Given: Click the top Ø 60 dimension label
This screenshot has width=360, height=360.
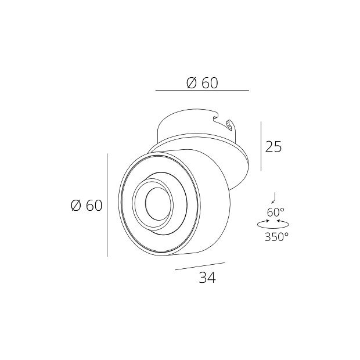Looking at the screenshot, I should [x=202, y=83].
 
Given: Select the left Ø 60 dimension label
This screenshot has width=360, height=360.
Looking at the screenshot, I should [x=86, y=206].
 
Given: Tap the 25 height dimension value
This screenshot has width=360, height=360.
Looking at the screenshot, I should [x=273, y=147].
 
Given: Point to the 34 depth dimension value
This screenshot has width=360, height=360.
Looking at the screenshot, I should [x=207, y=278].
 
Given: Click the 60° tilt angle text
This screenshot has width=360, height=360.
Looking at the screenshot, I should [x=276, y=212].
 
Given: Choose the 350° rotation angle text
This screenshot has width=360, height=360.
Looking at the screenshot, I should [x=276, y=236].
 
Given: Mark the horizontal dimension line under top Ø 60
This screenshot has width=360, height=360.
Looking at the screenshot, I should [x=202, y=91].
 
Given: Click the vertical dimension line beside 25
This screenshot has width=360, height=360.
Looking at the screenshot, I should [x=261, y=146].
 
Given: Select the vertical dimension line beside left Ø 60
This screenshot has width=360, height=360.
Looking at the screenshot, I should [x=107, y=205].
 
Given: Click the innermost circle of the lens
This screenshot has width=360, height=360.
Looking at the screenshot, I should [x=156, y=202].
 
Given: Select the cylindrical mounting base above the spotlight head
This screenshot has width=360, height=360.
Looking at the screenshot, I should [x=192, y=125].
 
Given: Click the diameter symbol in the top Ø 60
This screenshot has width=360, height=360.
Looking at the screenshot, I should [x=192, y=83].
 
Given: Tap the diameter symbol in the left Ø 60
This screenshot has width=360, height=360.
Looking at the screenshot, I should [x=75, y=206].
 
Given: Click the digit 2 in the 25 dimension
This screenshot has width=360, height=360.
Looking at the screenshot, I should [x=269, y=147].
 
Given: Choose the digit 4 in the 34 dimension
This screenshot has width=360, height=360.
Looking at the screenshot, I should [x=211, y=278].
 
